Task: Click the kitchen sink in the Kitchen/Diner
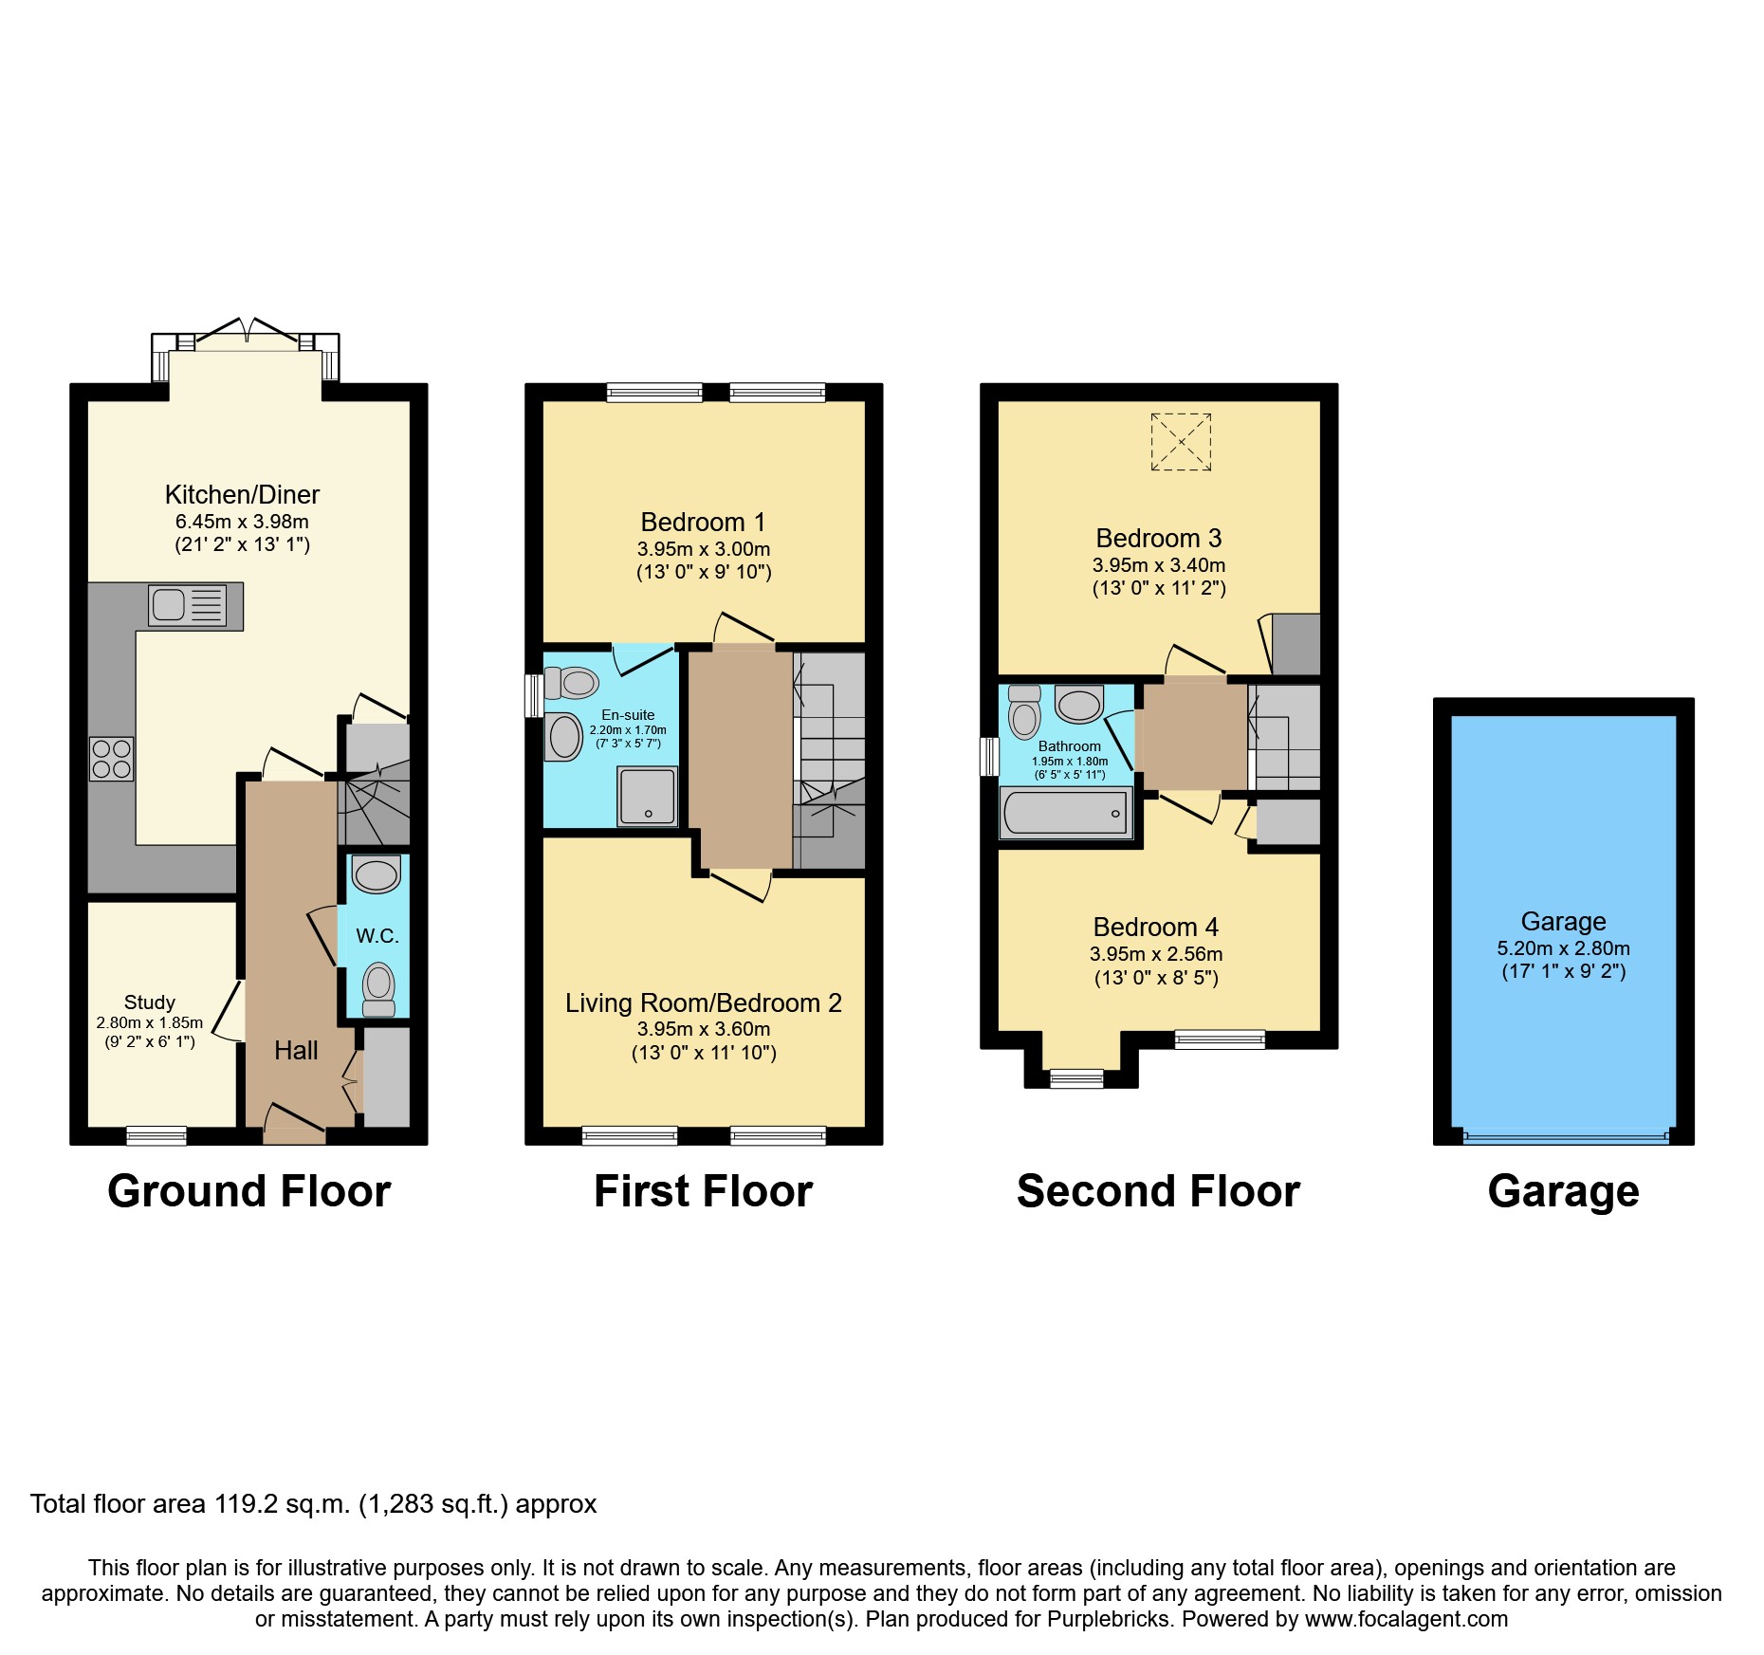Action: (188, 605)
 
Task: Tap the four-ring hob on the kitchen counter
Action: (111, 759)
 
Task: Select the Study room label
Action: (150, 1002)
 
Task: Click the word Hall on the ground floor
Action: (296, 1051)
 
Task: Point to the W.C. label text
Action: (377, 936)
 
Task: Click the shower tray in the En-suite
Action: (648, 796)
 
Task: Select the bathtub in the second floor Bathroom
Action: (1066, 813)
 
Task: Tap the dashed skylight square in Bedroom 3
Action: (1181, 442)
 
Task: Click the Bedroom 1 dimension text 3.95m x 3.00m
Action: (704, 549)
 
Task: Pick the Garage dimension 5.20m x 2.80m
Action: (1563, 948)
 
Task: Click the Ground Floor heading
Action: (248, 1191)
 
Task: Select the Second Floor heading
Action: (1158, 1191)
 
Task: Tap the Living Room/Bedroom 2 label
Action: (704, 1003)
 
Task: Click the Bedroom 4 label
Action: (1155, 928)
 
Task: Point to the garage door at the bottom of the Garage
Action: (1565, 1135)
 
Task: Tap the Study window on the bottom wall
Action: (156, 1135)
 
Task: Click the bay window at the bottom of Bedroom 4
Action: (1076, 1078)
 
